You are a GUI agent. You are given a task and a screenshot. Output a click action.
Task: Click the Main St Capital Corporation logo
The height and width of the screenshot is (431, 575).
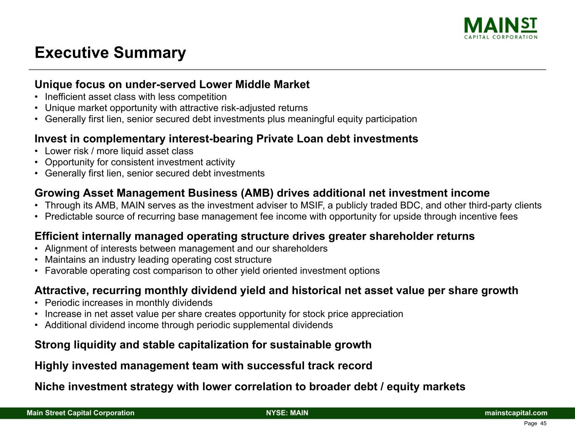[x=500, y=28]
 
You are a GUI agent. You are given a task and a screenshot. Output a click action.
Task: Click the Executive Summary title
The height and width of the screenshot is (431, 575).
[x=110, y=53]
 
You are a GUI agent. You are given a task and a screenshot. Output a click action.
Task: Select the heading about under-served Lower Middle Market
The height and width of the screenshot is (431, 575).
[x=172, y=84]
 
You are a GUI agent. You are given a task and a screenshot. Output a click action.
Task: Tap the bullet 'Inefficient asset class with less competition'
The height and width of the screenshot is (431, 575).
[x=136, y=97]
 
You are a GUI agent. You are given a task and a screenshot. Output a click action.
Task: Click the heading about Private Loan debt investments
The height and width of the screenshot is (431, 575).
[x=226, y=139]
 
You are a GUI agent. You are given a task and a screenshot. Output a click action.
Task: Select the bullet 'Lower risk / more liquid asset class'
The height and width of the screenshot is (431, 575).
[x=119, y=151]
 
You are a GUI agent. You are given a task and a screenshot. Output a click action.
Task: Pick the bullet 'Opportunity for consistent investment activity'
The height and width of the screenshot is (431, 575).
[x=140, y=162]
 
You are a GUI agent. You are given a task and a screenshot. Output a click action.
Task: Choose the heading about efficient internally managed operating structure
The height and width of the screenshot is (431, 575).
[x=254, y=236]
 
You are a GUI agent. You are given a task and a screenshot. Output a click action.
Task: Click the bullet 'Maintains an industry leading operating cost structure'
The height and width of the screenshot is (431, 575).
[x=158, y=260]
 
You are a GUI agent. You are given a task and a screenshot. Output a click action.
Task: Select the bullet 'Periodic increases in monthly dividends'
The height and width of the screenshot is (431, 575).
[x=128, y=303]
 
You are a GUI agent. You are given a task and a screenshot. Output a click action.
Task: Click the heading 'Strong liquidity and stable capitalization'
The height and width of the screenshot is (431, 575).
[x=203, y=345]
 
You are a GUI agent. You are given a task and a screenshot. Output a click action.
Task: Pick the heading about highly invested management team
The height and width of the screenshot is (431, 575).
[x=203, y=366]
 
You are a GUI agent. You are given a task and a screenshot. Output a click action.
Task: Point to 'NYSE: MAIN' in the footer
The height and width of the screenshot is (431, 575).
[x=287, y=413]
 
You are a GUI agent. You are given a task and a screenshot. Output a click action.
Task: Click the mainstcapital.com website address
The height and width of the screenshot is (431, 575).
[x=516, y=413]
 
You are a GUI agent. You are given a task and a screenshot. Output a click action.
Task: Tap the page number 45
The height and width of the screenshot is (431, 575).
[x=543, y=423]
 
